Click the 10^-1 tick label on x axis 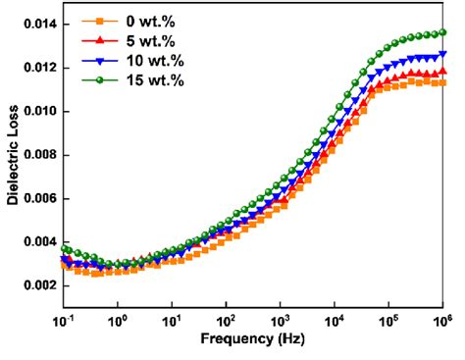point(66,320)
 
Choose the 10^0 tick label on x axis point(120,320)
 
